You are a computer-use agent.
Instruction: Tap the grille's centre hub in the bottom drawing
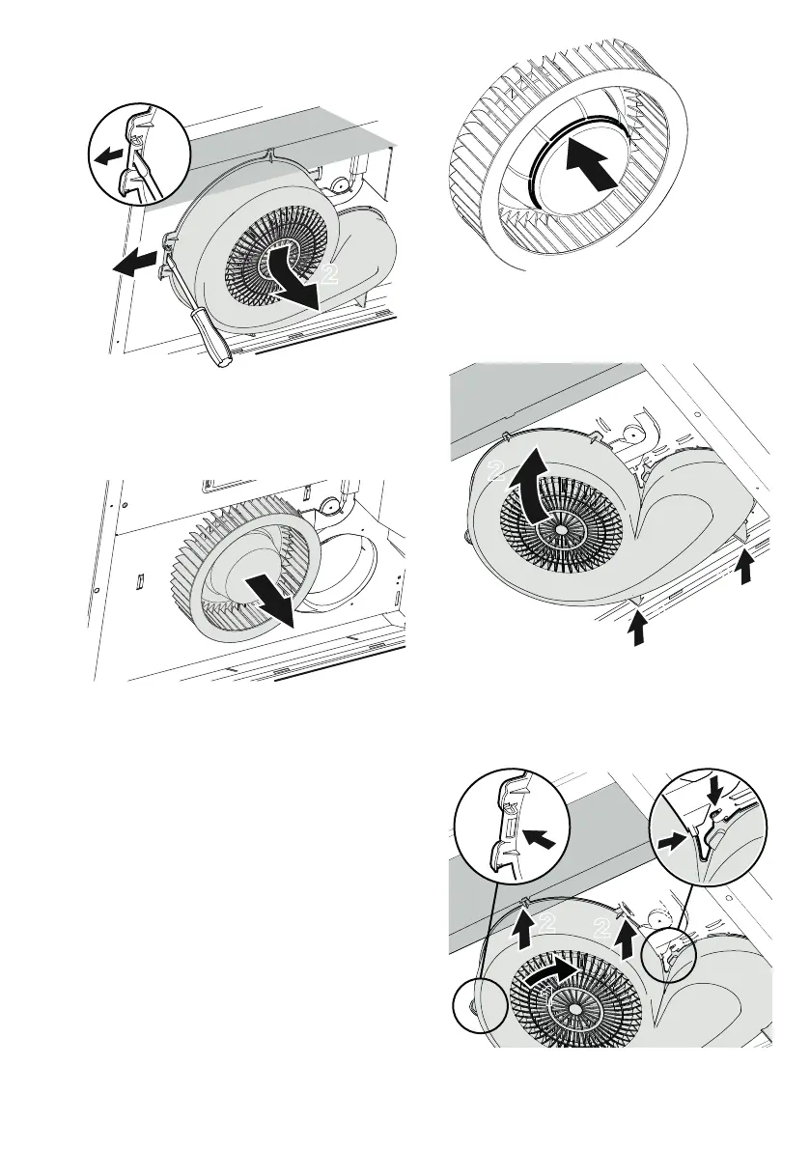pos(574,1009)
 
